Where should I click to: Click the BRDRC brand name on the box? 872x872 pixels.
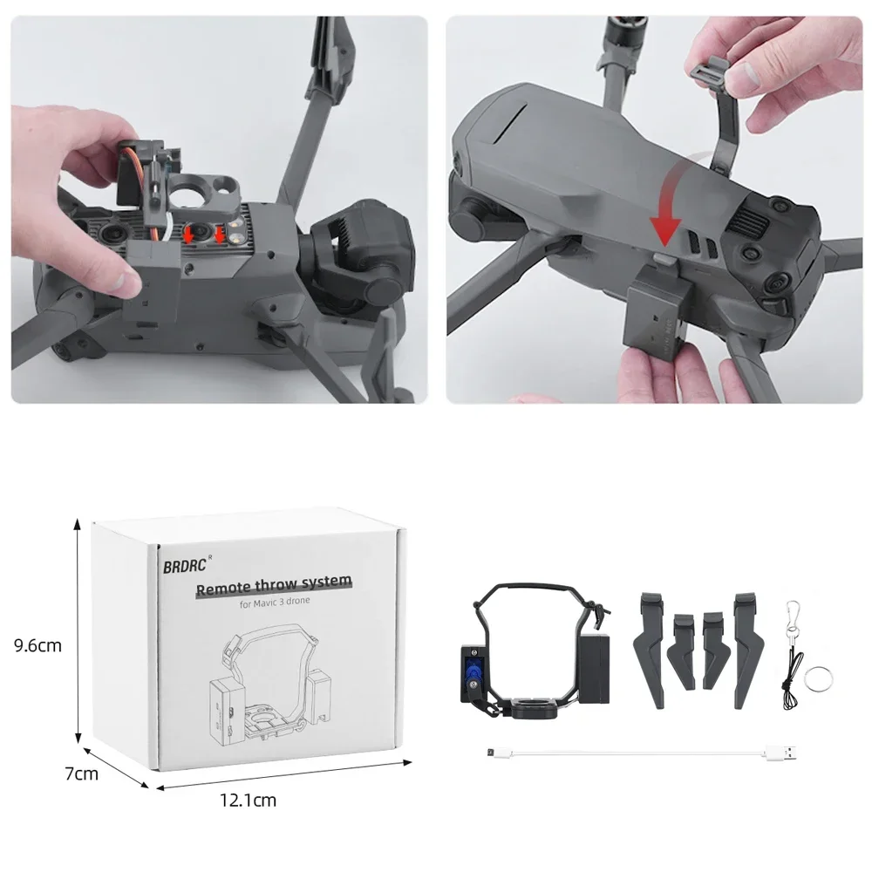[x=181, y=565]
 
